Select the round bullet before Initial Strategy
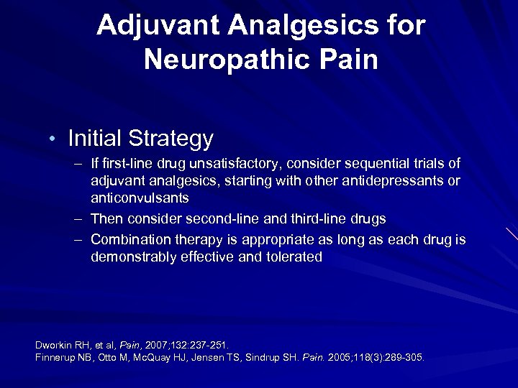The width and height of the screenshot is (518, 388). [x=55, y=138]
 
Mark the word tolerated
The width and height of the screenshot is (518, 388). [x=290, y=257]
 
